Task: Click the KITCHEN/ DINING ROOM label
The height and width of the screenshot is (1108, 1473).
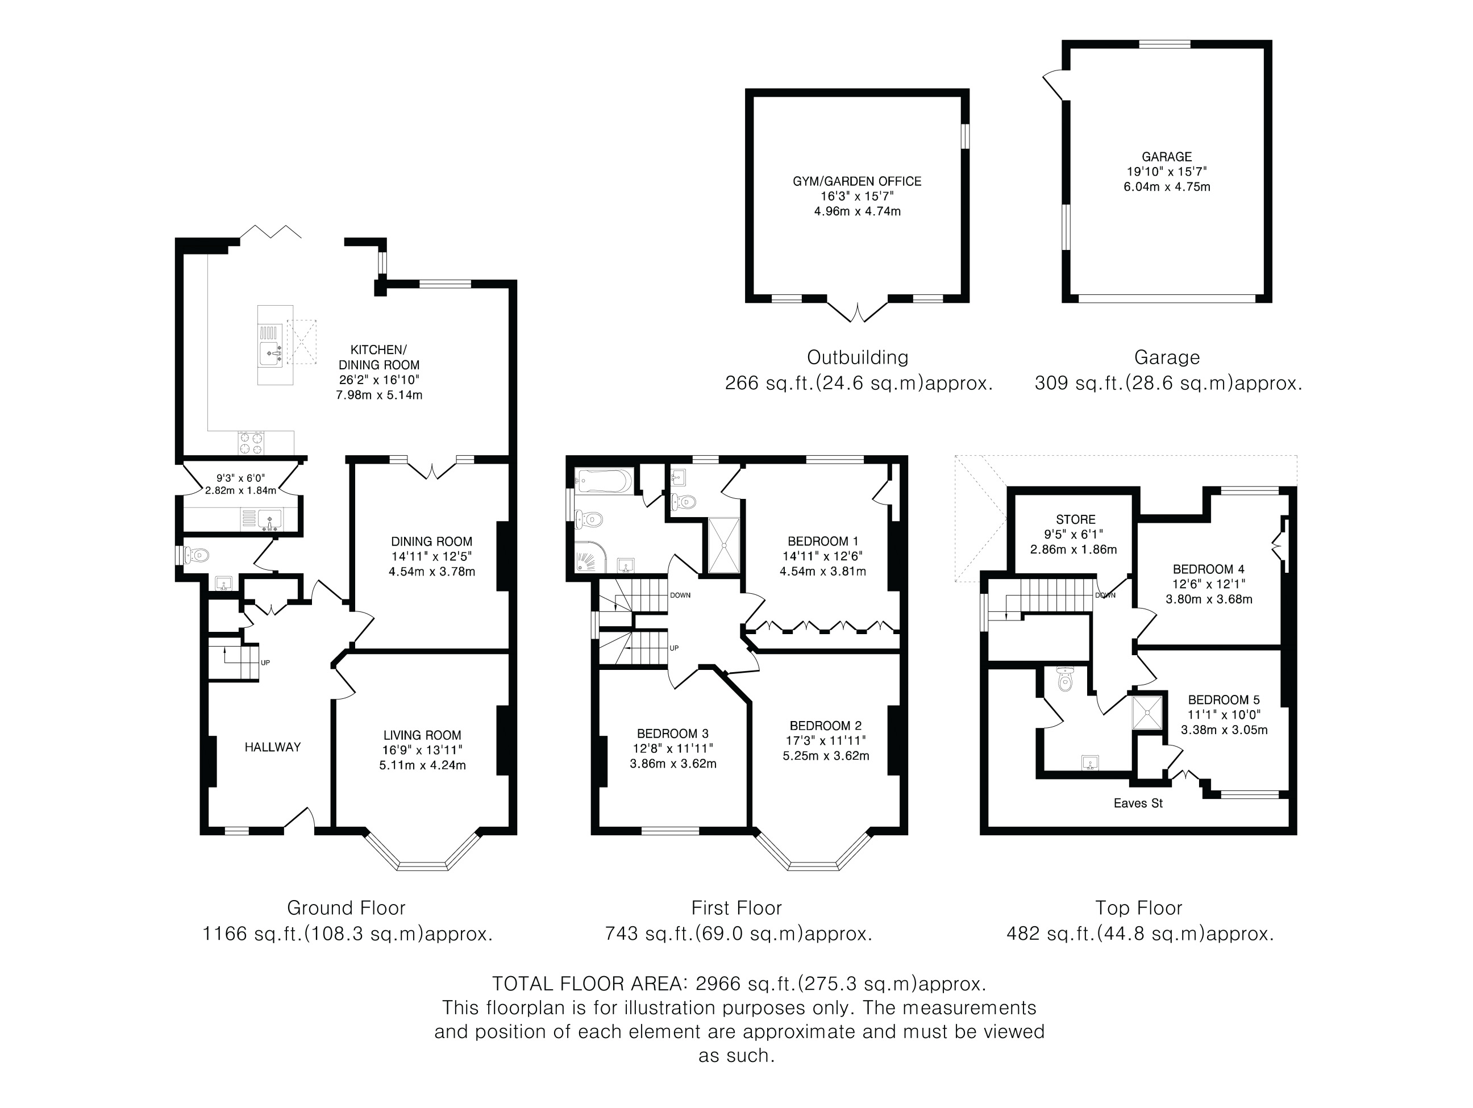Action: point(379,357)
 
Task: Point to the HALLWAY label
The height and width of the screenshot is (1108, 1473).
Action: point(272,747)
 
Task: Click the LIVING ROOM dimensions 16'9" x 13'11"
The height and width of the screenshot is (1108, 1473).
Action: point(422,751)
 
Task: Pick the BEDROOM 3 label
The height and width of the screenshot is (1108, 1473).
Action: point(673,733)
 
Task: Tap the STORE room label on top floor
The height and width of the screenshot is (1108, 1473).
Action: point(1075,519)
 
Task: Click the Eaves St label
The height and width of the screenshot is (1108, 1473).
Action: point(1138,803)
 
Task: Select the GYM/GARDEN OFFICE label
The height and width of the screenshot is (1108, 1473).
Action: point(857,181)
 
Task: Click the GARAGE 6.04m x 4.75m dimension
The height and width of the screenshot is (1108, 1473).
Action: point(1167,187)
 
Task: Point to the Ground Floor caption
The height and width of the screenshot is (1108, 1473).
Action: point(346,907)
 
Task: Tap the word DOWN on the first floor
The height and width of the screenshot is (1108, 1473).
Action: point(681,595)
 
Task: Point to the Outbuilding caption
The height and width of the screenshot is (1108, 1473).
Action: point(858,357)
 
